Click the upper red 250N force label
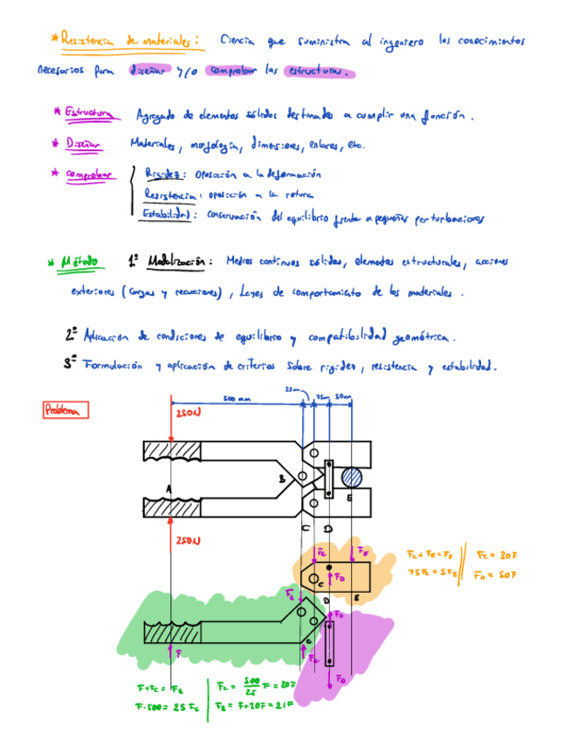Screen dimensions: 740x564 point(189,413)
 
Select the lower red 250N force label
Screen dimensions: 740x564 point(189,542)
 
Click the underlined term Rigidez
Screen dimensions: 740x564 point(161,175)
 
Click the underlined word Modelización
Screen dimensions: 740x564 point(175,261)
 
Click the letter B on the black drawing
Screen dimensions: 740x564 point(281,478)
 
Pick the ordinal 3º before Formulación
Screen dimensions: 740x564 point(70,364)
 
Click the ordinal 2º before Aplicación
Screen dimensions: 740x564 point(71,334)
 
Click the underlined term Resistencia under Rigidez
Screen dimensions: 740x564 point(169,195)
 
